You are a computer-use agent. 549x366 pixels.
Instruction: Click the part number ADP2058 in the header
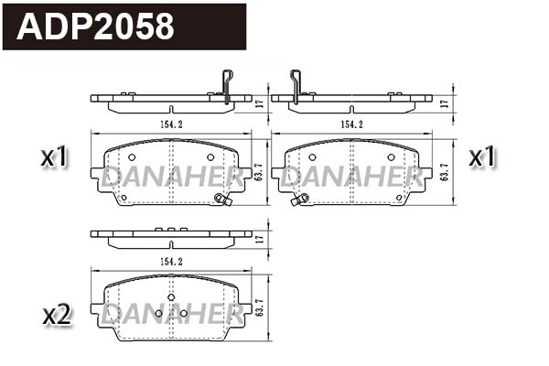click(96, 27)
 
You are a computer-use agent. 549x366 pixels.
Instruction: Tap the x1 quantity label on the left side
click(56, 158)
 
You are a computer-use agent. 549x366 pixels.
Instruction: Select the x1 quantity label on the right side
click(481, 158)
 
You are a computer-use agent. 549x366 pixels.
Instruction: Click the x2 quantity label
click(56, 316)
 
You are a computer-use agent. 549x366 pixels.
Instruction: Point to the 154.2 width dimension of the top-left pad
click(171, 124)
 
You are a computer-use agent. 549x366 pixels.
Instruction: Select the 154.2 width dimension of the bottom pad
click(171, 261)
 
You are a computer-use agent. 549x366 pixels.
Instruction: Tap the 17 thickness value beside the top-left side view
click(260, 102)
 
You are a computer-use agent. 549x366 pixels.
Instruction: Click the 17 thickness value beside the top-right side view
click(446, 102)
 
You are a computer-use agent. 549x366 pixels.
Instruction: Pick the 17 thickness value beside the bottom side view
click(260, 238)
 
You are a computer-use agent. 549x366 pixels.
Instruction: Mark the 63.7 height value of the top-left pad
click(260, 171)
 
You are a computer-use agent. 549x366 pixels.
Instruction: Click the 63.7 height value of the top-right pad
click(446, 171)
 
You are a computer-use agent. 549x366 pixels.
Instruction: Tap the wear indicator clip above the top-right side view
click(295, 84)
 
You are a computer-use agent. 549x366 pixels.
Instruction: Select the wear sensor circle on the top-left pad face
click(219, 199)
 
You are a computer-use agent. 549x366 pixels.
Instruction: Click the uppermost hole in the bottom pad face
click(171, 296)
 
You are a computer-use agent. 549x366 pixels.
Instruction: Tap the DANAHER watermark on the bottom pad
click(171, 313)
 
